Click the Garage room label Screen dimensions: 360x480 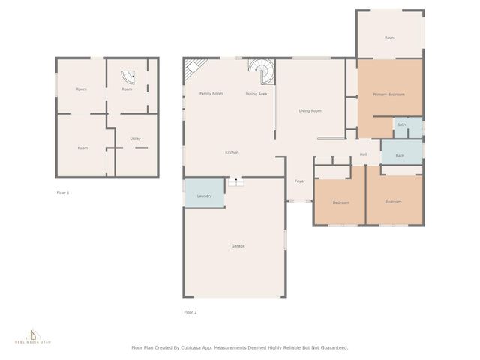point(238,246)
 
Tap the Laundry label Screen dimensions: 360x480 point(205,196)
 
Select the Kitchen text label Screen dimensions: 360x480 point(232,153)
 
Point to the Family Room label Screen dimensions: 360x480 point(211,94)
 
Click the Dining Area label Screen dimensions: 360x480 point(256,94)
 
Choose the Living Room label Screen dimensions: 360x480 point(310,111)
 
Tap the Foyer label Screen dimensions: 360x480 point(299,181)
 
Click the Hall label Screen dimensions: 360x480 point(363,155)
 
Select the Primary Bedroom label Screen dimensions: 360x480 point(389,94)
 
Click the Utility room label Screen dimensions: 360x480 point(135,139)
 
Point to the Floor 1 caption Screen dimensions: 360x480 point(63,193)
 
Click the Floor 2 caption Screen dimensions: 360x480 point(190,312)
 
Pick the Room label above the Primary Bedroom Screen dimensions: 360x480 point(390,37)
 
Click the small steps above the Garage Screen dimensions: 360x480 point(235,181)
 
